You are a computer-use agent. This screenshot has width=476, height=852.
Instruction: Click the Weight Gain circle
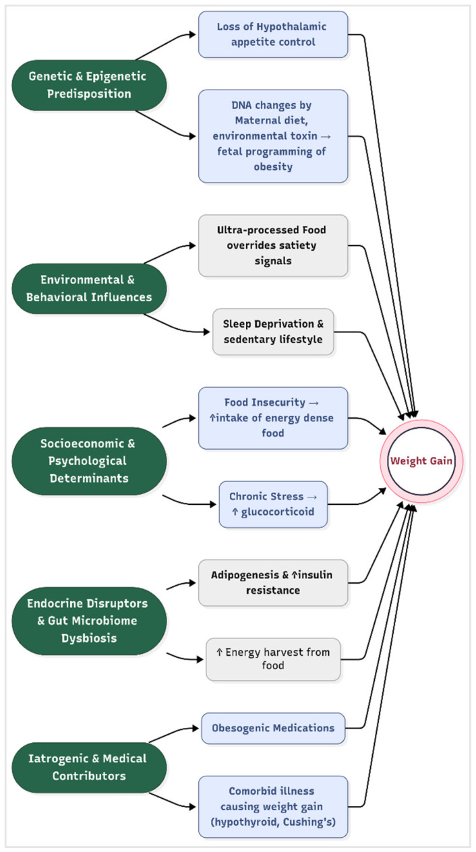click(421, 461)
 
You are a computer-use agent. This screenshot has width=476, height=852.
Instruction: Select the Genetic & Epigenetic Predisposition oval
click(89, 85)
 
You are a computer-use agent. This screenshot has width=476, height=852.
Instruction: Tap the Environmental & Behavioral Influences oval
click(89, 288)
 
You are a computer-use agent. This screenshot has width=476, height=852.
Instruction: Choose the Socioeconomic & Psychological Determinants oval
click(89, 461)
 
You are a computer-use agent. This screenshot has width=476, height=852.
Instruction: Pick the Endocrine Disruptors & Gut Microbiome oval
click(89, 621)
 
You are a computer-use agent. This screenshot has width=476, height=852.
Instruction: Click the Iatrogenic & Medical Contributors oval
click(89, 768)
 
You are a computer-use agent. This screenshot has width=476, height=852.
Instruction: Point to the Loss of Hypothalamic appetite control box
click(273, 34)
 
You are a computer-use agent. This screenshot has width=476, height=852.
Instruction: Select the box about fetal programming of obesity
click(273, 136)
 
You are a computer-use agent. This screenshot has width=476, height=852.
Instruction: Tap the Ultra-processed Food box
click(273, 246)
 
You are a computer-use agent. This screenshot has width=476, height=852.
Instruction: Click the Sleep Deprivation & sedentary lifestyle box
click(273, 332)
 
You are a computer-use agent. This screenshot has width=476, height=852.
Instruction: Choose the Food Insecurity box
click(273, 418)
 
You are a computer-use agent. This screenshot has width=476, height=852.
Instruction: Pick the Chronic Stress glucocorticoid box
click(273, 504)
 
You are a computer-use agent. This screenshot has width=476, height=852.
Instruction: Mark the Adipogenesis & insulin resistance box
click(273, 582)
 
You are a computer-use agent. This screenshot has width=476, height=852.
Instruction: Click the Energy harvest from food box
click(273, 659)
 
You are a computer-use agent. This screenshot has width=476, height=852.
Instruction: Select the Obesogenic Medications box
click(273, 729)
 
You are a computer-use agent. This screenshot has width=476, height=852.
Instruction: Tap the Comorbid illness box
click(273, 807)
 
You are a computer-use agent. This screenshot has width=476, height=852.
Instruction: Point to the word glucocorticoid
click(278, 512)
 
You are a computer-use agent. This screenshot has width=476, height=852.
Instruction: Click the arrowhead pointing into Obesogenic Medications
click(196, 729)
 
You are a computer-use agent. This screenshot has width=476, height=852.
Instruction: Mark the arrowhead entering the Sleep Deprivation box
click(207, 332)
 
